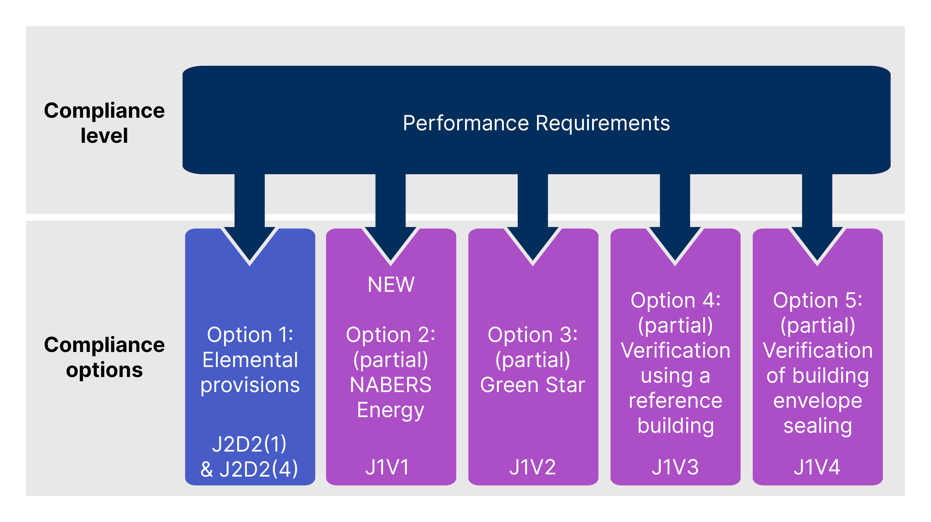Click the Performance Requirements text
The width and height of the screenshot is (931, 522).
tap(536, 123)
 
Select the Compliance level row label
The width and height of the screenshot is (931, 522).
tap(104, 123)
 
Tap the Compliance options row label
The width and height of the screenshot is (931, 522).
tap(104, 357)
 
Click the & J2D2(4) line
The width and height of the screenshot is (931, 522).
tap(249, 469)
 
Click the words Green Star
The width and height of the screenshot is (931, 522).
tap(532, 385)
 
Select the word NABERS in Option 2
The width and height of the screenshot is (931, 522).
tap(391, 385)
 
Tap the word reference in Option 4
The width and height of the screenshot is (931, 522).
tap(675, 401)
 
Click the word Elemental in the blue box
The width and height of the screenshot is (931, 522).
tap(250, 359)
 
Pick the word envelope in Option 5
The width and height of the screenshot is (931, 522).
tap(817, 401)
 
